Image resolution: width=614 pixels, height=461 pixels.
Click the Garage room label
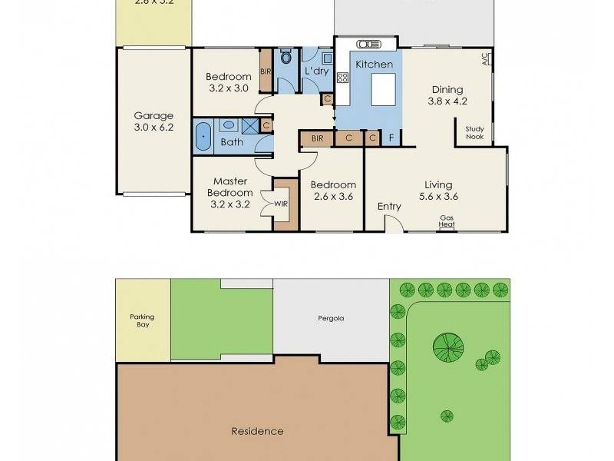(x=153, y=116)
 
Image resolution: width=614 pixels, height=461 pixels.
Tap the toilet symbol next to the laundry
(x=286, y=57)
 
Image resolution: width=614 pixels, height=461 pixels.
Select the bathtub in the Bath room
(x=203, y=135)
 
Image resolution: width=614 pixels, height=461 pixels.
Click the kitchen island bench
(x=381, y=88)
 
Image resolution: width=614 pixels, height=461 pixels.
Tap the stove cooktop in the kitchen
(x=342, y=77)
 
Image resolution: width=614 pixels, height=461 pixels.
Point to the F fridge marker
(x=391, y=138)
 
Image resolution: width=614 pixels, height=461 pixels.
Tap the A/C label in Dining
(x=485, y=58)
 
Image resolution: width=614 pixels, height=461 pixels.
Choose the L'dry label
(x=316, y=71)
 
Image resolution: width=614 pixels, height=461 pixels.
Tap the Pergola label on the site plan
(x=328, y=317)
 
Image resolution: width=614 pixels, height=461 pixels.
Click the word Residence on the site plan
(x=257, y=431)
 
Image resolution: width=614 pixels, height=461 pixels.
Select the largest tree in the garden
(x=448, y=347)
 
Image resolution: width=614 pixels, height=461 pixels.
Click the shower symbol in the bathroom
(x=249, y=125)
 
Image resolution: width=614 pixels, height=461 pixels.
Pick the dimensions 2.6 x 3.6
(x=332, y=197)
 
